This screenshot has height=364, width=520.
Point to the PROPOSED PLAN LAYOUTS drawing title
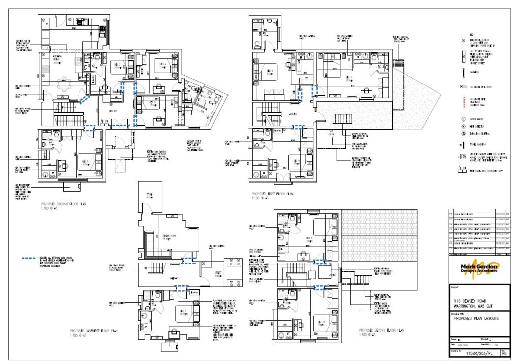[x=475, y=318]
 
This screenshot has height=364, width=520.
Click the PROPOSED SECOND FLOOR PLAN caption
[x=381, y=330]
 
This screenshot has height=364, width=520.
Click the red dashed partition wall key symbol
[x=463, y=102]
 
